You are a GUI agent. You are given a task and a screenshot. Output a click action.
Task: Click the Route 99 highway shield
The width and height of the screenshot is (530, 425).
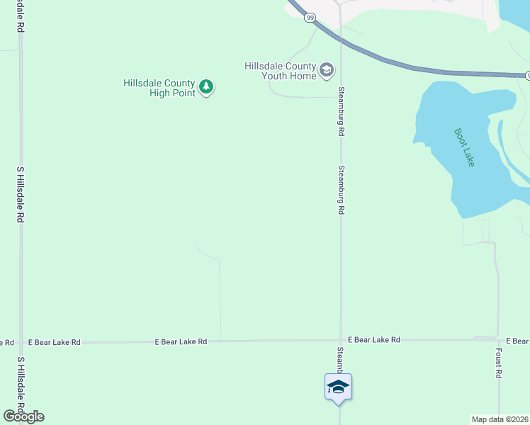coord(310,17)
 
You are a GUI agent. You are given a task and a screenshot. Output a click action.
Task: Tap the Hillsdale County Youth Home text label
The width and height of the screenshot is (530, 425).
coord(280,71)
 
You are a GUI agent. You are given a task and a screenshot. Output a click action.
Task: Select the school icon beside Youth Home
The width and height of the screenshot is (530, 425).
coord(327,69)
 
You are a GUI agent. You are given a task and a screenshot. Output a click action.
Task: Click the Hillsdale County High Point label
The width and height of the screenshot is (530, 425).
coord(159,88)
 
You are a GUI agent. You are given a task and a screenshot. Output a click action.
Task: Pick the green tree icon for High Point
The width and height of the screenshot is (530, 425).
coord(206,87)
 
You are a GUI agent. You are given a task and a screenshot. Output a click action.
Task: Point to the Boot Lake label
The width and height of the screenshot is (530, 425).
coord(464,147)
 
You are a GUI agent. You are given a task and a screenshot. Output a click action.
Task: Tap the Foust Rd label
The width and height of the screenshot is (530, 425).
coord(499,363)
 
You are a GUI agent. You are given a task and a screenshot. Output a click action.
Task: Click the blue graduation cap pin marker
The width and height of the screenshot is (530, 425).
coord(339,387)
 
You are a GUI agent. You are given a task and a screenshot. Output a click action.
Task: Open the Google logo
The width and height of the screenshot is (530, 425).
coord(23,416)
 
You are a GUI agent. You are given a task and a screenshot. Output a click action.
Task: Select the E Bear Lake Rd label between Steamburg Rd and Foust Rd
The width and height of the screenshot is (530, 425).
coord(374,340)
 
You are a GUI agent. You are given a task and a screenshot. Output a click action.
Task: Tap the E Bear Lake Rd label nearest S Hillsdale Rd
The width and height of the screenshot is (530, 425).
coord(55,342)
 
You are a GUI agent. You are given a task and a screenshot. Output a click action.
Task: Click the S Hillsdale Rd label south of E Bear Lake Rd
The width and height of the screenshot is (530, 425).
coord(21,387)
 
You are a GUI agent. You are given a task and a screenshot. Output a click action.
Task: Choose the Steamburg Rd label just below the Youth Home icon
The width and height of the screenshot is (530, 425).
coord(341,111)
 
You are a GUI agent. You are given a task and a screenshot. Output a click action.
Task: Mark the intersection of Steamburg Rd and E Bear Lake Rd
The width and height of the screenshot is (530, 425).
coord(341,340)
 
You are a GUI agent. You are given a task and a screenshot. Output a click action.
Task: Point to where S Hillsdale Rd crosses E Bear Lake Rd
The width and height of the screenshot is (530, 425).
coord(21,341)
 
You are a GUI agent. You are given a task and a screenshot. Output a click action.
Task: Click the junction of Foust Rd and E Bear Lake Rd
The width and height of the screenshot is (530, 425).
coord(498,339)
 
